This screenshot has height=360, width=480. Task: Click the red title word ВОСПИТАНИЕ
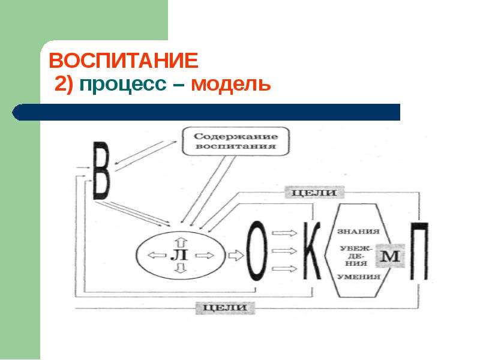click(124, 61)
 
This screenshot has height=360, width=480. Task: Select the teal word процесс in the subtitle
click(123, 83)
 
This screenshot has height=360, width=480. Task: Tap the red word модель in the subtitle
click(231, 83)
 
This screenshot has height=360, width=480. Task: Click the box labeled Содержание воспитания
click(236, 141)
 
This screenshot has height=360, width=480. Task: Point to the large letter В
click(101, 170)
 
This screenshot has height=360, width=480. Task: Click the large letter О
click(257, 251)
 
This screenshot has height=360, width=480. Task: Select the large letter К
click(312, 251)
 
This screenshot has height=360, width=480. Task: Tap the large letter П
click(419, 251)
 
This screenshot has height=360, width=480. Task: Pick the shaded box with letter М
click(390, 256)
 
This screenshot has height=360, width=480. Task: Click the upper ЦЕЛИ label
click(314, 192)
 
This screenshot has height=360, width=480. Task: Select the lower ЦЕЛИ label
click(225, 308)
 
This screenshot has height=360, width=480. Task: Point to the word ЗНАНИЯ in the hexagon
click(358, 231)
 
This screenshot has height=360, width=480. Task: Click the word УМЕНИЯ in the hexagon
click(359, 277)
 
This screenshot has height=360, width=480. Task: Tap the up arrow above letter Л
click(181, 242)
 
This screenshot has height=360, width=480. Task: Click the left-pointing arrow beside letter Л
click(157, 254)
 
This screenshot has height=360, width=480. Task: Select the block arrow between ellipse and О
click(236, 255)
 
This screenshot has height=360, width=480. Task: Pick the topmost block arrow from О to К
click(284, 233)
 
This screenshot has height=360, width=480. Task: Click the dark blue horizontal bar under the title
click(206, 112)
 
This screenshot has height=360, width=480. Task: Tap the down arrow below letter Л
click(181, 268)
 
